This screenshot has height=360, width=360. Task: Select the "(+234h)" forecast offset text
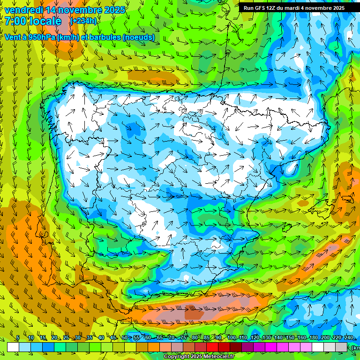coord(83,21)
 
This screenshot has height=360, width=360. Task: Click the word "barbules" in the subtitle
coord(104,37)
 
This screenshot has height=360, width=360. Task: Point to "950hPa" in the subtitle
coord(40,37)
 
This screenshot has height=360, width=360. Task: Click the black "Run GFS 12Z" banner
coord(294,7)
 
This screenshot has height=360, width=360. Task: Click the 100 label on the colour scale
coord(232,338)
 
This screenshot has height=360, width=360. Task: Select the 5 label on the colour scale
coord(17,338)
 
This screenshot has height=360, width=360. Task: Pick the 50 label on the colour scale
coord(125,338)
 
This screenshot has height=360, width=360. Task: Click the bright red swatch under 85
coord(212,347)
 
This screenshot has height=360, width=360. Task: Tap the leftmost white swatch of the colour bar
coord(13,347)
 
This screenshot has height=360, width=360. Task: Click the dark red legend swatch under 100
coord(236,347)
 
